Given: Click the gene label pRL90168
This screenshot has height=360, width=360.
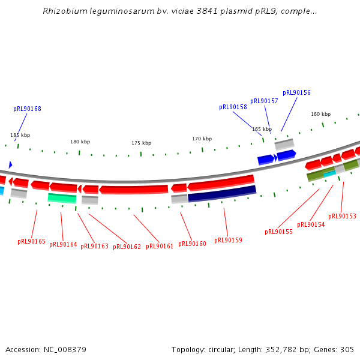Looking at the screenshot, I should tap(27, 109).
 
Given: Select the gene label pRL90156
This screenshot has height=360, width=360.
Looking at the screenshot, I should tap(296, 93).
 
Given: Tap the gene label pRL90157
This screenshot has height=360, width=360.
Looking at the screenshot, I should tap(264, 101).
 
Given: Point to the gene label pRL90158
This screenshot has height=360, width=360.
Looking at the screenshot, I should tap(233, 107).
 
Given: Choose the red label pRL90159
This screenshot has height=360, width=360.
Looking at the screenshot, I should tap(228, 241).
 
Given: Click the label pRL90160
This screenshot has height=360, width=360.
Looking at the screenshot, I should tap(192, 244).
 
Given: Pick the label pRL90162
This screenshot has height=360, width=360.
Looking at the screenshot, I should tap(127, 247).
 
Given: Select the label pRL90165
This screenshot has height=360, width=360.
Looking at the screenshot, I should tap(31, 242).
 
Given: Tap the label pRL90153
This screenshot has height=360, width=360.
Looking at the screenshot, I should tap(342, 217).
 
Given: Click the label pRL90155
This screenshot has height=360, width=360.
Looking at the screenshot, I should tap(278, 232).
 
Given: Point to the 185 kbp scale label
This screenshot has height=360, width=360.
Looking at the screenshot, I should tap(20, 136).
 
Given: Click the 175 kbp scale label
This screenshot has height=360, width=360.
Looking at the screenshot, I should tap(141, 143).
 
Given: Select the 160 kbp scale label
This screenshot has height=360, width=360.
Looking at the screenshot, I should tap(320, 115).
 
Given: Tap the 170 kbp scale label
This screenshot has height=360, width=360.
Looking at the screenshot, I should tap(202, 139).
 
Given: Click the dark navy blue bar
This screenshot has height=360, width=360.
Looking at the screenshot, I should tap(222, 194).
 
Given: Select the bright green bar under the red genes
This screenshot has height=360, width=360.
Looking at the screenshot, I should tap(62, 198).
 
